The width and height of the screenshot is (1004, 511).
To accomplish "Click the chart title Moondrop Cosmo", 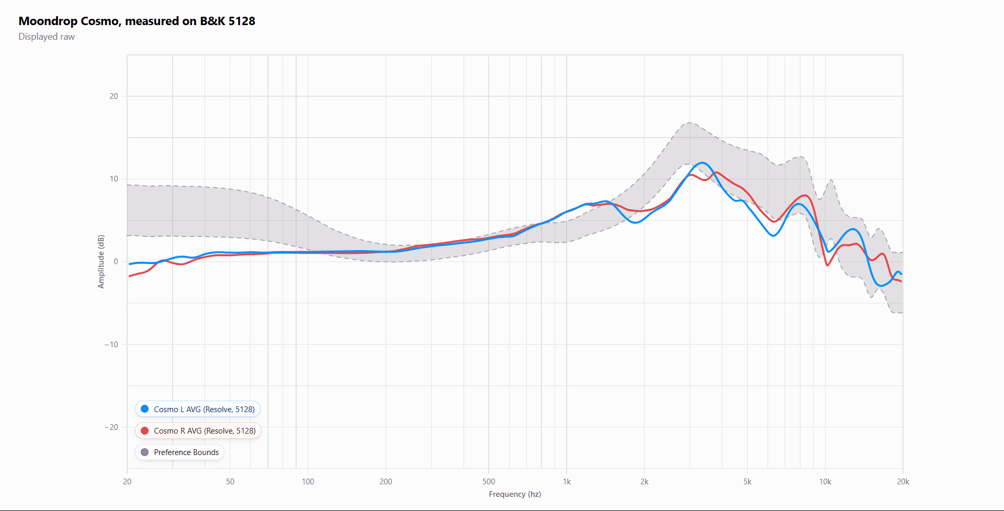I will (x=137, y=21).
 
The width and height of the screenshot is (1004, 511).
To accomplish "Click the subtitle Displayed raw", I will (x=47, y=37).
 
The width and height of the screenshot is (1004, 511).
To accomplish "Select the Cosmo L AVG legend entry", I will (x=204, y=409).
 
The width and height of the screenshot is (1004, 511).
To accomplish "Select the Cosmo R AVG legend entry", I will (x=204, y=430).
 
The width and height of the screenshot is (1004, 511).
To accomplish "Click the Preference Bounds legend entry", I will (x=186, y=452).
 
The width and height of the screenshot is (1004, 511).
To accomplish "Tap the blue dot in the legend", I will (x=145, y=409).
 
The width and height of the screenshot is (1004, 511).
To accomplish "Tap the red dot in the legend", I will (x=145, y=430).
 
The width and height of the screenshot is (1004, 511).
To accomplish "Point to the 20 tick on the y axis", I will (x=114, y=96).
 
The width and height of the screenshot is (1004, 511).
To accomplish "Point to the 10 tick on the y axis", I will (x=114, y=179).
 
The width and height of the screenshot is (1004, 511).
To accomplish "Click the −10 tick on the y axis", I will (x=111, y=344).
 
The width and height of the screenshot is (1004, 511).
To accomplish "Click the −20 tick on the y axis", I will (x=111, y=427).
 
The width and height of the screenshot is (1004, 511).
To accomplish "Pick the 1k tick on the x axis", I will (x=567, y=482).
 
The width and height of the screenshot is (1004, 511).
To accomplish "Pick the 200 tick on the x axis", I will (x=386, y=482).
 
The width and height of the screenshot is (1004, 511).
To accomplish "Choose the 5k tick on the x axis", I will (x=747, y=482).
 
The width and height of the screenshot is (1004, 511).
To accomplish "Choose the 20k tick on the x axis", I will (x=903, y=482).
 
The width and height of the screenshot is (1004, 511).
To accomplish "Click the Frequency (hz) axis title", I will (x=514, y=494).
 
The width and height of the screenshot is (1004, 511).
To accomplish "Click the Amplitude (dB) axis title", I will (x=101, y=262).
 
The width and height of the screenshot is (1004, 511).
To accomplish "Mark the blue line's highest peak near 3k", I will (x=702, y=163).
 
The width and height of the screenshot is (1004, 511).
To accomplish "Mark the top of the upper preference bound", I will (x=690, y=123).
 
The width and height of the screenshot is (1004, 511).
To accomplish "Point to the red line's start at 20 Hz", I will (x=130, y=276).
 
